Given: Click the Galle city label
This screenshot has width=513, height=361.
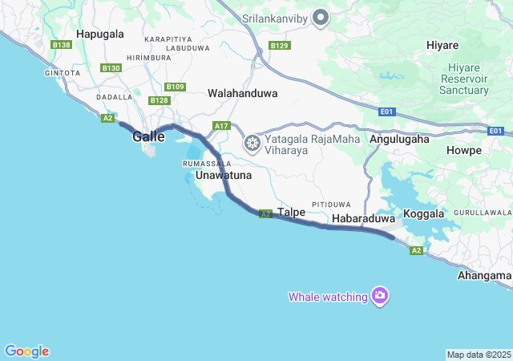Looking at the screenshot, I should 148,137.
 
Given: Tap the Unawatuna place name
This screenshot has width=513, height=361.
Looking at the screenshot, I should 224,175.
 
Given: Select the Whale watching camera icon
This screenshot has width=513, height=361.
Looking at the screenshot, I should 380,297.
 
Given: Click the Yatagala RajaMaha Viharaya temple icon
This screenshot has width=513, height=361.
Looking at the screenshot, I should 252,144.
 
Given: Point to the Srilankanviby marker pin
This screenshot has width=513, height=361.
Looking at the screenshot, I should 321,17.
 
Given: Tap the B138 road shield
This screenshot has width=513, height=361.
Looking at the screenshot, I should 62,45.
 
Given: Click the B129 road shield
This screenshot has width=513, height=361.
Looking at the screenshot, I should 280,46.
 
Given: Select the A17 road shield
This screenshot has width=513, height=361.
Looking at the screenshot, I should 222,126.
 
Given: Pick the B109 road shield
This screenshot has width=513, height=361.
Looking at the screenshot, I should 175,87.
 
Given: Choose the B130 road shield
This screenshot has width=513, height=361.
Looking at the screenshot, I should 111,68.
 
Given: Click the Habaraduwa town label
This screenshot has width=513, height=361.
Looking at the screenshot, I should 363,218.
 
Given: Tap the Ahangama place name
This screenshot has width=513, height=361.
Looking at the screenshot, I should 484,275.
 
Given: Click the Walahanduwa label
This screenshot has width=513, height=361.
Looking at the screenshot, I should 242,93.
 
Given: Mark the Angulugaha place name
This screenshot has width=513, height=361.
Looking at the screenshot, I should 399,139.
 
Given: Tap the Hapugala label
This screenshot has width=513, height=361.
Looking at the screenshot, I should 100,34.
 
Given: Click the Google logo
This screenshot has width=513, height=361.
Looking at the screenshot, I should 26,351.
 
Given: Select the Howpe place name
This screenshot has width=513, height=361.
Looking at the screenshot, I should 465,150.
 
